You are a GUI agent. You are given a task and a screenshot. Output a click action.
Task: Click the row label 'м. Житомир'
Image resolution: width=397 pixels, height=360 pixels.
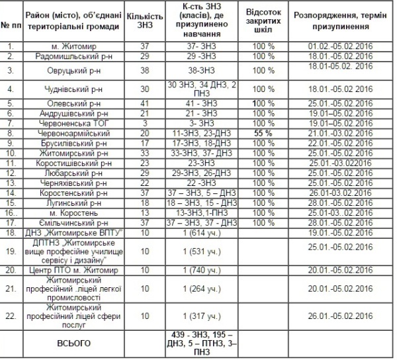[x=75, y=46]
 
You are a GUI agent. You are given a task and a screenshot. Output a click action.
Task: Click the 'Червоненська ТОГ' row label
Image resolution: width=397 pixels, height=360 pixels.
[x=75, y=122]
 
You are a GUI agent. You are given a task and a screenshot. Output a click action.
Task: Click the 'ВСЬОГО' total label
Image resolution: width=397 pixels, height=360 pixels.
[x=75, y=343]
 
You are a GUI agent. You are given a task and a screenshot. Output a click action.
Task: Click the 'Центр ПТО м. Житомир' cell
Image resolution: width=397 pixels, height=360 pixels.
[x=75, y=270]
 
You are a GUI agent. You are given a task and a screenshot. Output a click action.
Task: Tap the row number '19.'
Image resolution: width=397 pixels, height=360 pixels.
[x=11, y=251]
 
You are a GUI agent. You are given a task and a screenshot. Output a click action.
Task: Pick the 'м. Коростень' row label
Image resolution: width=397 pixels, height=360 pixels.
[x=75, y=214]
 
